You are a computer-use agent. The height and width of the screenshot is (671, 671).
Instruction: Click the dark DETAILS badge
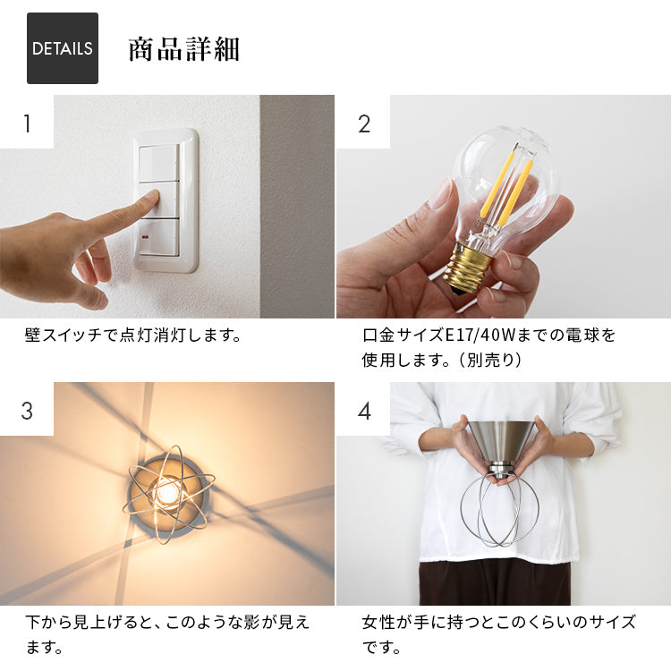[x=63, y=48]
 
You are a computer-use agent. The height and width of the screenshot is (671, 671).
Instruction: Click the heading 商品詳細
[x=183, y=49]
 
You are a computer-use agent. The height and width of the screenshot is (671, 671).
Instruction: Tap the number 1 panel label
[x=27, y=123]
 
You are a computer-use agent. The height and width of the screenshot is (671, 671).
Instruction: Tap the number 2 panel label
[x=363, y=123]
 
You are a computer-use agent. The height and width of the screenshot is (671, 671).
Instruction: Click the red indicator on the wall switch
[x=145, y=239]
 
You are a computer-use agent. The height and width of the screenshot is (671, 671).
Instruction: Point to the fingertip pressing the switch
[x=152, y=199]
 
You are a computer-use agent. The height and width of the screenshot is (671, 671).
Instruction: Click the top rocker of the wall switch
[x=158, y=161]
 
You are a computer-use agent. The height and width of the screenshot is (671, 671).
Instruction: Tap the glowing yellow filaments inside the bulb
[x=506, y=188]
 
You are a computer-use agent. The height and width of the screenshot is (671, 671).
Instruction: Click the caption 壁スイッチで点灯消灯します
[x=133, y=336]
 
